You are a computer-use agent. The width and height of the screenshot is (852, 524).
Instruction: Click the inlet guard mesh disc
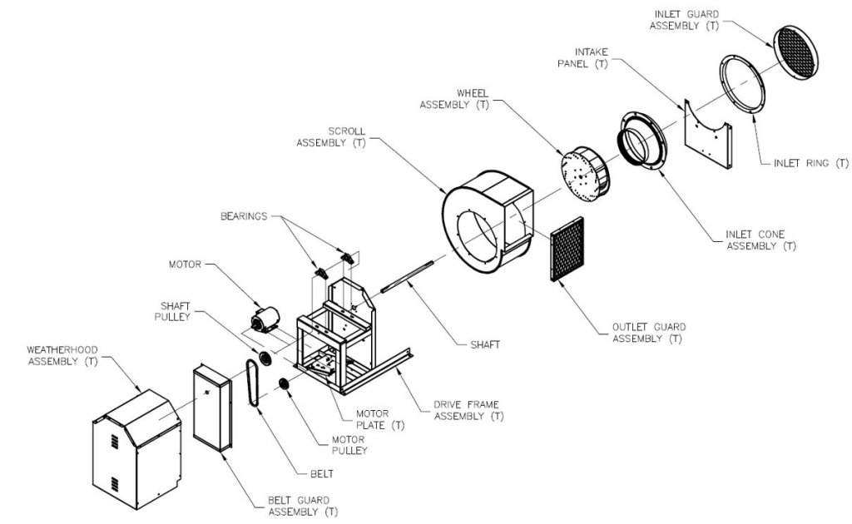click(x=795, y=52)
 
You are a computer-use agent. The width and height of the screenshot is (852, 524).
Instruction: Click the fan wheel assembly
click(x=585, y=174)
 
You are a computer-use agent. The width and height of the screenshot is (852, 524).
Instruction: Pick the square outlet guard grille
click(x=567, y=249)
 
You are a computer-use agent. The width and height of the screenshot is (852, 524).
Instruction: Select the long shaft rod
click(x=407, y=277)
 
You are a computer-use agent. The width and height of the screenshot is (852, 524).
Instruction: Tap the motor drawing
click(x=265, y=319)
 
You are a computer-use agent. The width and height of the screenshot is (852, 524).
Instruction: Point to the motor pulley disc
click(x=284, y=384)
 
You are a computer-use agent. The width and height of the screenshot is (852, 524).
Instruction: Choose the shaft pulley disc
click(x=265, y=359)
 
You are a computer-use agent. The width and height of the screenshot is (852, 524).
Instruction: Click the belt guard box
click(x=212, y=408)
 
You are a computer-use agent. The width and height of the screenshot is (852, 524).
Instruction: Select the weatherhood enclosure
click(x=137, y=449)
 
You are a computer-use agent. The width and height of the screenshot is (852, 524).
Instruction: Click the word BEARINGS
click(x=244, y=216)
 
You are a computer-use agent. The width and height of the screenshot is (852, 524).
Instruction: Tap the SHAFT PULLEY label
click(x=173, y=312)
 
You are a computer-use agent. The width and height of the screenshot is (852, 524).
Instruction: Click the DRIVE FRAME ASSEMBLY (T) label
click(x=468, y=411)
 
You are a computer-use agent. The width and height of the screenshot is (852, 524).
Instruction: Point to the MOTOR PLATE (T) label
click(x=380, y=419)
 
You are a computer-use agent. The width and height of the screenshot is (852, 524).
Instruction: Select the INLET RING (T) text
click(x=810, y=163)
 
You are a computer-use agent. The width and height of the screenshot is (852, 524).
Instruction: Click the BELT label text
click(x=322, y=474)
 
